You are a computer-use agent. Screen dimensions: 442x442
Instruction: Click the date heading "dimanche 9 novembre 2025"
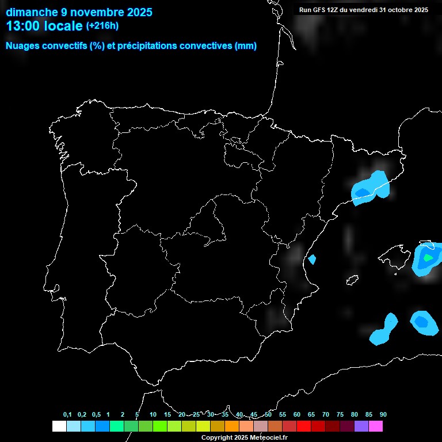tap(79, 12)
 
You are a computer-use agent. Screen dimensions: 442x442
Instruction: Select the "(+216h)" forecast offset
tap(102, 26)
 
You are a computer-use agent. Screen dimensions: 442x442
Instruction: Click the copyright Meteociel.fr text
tap(245, 437)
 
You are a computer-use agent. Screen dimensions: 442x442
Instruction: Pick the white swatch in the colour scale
tap(59, 426)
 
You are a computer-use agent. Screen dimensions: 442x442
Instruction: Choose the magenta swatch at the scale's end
tap(375, 426)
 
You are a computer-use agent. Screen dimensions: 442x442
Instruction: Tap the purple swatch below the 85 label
tap(361, 426)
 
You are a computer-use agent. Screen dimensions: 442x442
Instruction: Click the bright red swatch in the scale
tap(303, 426)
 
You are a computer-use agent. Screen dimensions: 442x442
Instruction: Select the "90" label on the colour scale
tap(383, 414)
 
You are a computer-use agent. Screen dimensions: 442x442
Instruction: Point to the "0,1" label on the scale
tap(67, 414)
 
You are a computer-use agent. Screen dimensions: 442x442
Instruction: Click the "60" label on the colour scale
tap(296, 414)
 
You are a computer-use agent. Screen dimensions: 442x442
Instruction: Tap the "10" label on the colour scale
tap(153, 414)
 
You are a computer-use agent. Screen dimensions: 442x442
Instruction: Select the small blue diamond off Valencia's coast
tap(312, 260)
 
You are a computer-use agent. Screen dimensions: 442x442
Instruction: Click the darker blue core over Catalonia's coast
tap(363, 192)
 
